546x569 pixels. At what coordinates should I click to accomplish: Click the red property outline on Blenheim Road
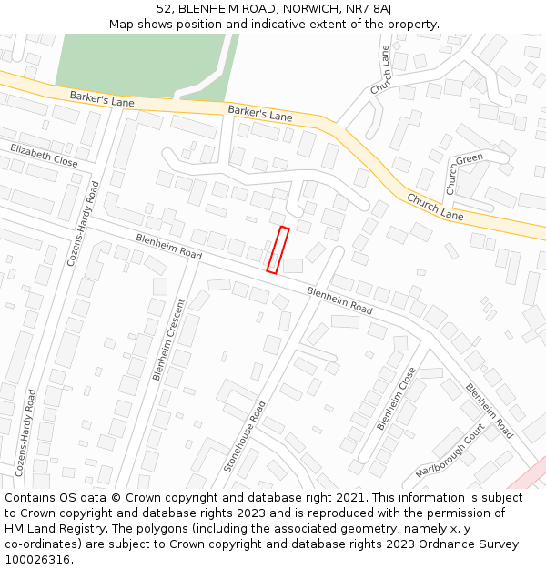[278, 249]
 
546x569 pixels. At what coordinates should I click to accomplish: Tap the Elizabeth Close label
[44, 155]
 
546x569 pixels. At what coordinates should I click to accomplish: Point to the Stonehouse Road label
[245, 436]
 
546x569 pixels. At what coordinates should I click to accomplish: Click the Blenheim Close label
[396, 398]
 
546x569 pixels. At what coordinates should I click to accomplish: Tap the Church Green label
[462, 171]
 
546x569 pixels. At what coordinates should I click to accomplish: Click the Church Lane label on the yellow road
[435, 207]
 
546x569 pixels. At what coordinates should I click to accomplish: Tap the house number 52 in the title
[164, 8]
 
